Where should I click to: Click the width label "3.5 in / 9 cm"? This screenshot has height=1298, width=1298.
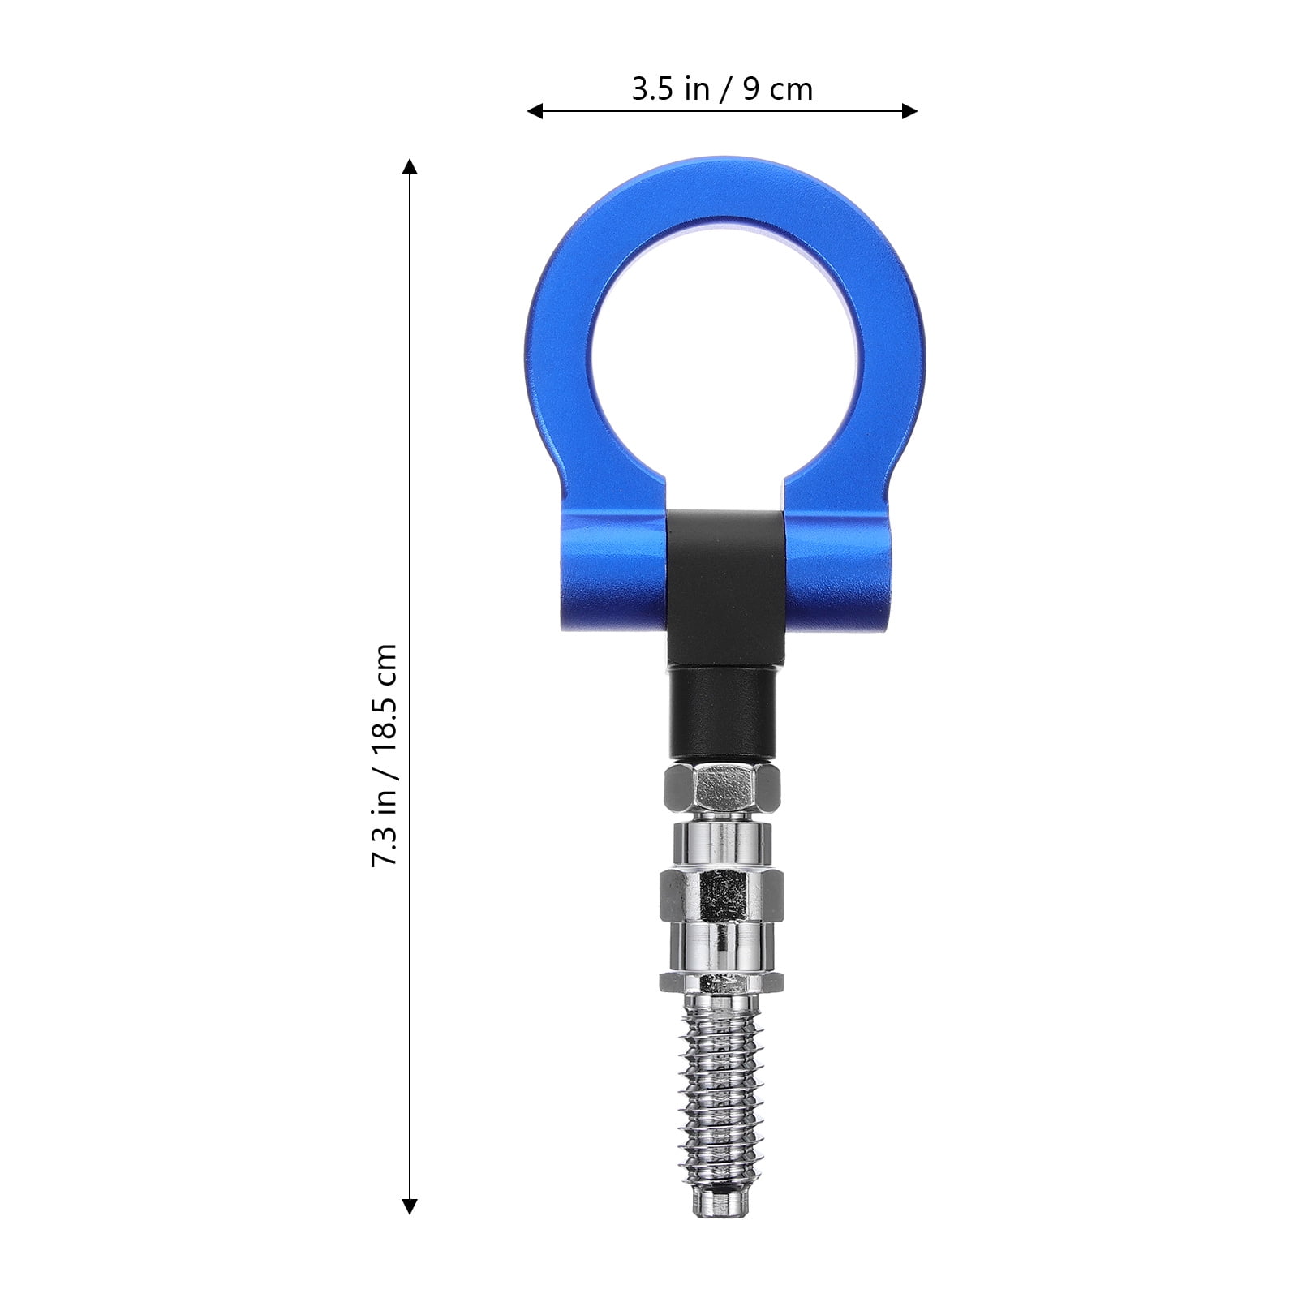coord(722,89)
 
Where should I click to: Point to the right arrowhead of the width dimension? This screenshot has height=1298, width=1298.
coord(909,111)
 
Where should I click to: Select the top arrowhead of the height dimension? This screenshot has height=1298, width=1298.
coord(410,167)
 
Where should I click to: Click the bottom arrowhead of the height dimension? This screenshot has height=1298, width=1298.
coord(410,1206)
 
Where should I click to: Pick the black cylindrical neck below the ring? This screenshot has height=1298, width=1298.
coord(722,711)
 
